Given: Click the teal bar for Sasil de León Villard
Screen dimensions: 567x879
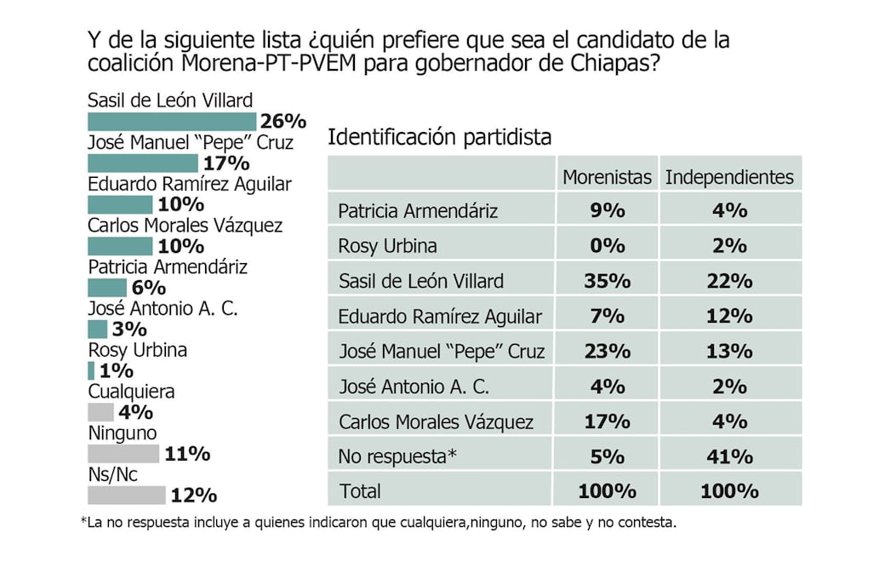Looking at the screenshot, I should (171, 122).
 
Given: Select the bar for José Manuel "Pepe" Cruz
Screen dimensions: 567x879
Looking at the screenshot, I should (142, 163).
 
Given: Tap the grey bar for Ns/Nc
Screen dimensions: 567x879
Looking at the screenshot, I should (126, 495).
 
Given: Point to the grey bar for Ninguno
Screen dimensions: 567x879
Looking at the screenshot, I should (123, 453).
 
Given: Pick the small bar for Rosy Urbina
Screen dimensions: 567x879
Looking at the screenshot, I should (91, 370).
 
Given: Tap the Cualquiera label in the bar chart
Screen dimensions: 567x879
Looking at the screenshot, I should (131, 392).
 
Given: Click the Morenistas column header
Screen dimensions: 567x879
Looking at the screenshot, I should (607, 177).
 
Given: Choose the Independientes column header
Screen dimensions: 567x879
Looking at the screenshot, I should (729, 177).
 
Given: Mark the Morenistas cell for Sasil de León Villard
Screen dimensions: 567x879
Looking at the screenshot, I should (608, 281).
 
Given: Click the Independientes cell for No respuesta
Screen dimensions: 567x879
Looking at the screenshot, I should (729, 455).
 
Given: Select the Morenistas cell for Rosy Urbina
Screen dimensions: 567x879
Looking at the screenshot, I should (608, 246).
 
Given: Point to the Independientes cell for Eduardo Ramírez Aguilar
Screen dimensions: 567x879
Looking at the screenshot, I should (729, 316).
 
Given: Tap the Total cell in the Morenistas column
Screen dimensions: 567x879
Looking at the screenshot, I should (608, 490).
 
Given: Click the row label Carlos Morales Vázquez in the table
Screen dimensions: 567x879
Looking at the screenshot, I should (436, 421).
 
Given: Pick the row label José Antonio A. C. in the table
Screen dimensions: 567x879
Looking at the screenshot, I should (414, 387).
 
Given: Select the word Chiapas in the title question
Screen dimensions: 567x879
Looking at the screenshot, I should (615, 64).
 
